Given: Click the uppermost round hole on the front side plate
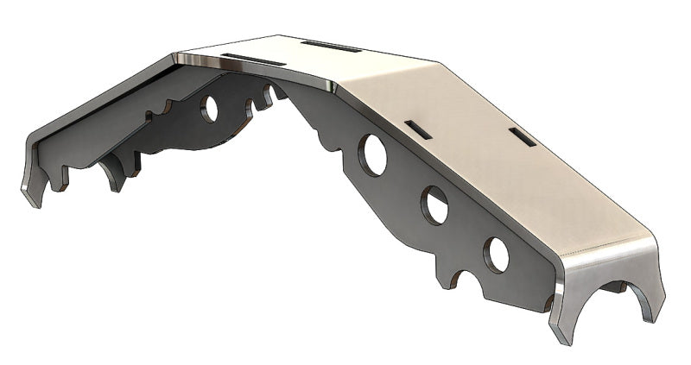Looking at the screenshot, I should point(374,154).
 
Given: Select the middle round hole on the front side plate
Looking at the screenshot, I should point(434,205).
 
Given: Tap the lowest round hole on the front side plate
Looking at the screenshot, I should point(496,253).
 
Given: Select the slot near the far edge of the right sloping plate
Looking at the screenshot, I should point(520,135).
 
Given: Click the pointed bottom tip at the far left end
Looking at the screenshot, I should point(35,203).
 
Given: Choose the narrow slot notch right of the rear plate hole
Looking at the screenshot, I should point(252,105).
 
